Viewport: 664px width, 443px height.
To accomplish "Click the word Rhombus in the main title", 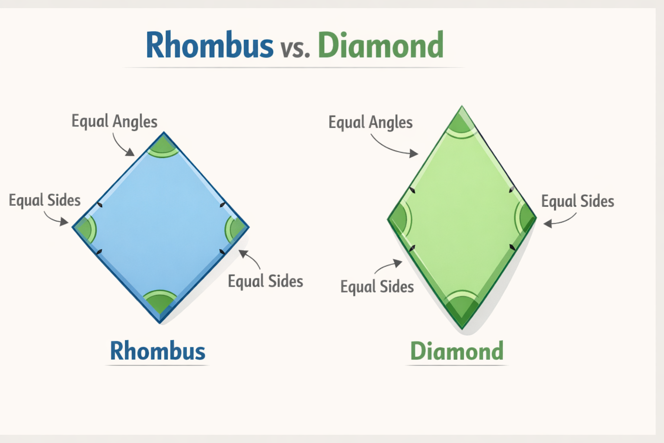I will [x=210, y=45].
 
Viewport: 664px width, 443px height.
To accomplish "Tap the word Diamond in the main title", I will [x=381, y=45].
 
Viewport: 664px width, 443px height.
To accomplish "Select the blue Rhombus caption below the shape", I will [x=158, y=351].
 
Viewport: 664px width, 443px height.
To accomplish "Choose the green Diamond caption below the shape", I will [x=457, y=351].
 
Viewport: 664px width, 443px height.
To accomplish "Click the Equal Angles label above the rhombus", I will [x=115, y=122].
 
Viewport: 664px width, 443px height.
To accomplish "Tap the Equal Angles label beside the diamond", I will [x=370, y=122].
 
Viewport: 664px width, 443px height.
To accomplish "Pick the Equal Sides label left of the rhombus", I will [x=45, y=200].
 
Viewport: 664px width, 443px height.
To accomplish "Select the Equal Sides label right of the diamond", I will [x=578, y=201].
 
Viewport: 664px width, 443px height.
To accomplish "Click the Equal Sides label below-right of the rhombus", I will [x=265, y=281].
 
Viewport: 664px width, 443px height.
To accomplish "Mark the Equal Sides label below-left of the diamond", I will [x=377, y=287].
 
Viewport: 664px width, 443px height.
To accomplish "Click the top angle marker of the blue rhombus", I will [x=163, y=146].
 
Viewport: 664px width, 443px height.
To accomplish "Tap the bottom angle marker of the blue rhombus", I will [x=160, y=301].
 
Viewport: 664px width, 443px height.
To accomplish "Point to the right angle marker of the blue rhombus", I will [x=235, y=228].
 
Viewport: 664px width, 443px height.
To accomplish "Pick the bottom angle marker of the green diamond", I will [x=462, y=306].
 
